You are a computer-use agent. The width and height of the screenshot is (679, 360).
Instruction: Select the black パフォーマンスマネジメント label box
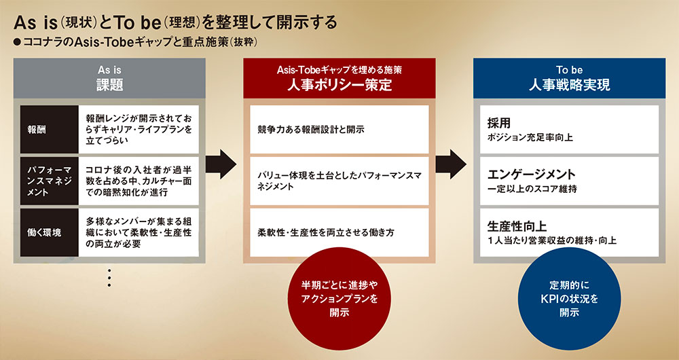49,179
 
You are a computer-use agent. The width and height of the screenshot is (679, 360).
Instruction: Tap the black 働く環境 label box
49,232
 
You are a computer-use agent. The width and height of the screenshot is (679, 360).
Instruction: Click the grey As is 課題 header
109,78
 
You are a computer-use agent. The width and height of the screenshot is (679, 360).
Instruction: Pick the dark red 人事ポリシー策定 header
339,78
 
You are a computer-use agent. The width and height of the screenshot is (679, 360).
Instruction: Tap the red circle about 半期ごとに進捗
339,298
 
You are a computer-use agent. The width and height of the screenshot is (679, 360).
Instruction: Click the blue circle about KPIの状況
569,298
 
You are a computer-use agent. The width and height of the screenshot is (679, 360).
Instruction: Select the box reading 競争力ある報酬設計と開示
339,128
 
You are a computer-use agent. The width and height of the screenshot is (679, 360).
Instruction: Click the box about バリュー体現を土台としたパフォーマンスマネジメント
339,180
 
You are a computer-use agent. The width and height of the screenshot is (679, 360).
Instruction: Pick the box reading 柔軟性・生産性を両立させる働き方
339,232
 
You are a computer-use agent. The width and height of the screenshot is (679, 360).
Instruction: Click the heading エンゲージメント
532,173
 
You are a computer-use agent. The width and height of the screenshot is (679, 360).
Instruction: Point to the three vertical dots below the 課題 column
109,276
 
